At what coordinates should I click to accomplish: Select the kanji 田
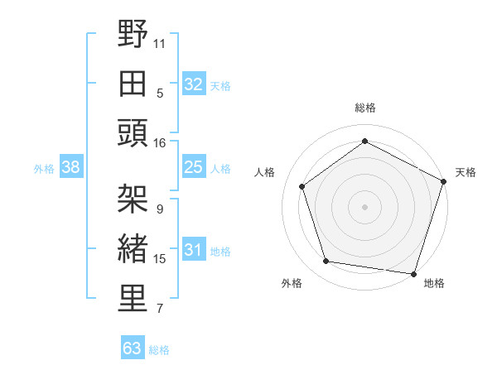[x=133, y=84]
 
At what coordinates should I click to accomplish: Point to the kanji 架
[x=133, y=199]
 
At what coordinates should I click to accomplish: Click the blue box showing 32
[x=193, y=84]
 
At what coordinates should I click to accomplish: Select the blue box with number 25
[x=193, y=168]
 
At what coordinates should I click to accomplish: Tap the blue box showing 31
[x=193, y=251]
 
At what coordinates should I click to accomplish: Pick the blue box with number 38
[x=71, y=168]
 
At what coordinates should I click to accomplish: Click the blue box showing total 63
[x=132, y=348]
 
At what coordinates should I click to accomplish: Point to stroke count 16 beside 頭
[x=159, y=142]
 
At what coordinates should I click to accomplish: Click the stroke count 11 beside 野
[x=160, y=41]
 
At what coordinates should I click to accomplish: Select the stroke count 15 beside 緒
[x=159, y=259]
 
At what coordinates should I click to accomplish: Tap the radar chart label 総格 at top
[x=364, y=108]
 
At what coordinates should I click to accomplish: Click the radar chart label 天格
[x=466, y=172]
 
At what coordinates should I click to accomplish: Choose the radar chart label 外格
[x=292, y=283]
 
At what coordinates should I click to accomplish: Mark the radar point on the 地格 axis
[x=413, y=273]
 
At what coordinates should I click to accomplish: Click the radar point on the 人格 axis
[x=302, y=186]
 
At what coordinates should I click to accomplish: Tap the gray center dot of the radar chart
[x=364, y=206]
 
